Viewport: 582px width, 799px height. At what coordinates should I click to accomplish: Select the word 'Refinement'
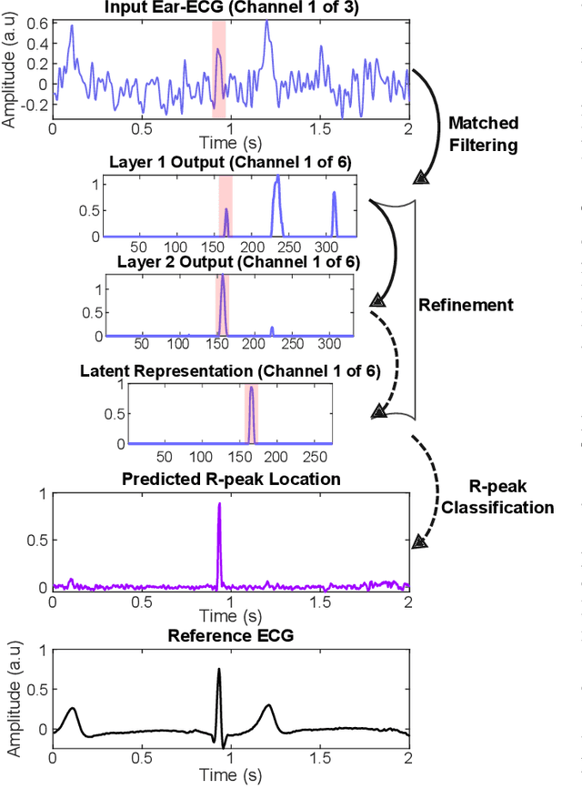tap(466, 305)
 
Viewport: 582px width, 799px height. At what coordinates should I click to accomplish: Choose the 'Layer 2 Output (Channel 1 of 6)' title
tap(238, 263)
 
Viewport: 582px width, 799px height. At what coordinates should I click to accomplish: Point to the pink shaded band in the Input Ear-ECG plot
tap(218, 68)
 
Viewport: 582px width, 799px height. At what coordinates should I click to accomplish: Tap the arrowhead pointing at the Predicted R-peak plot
tap(419, 541)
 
